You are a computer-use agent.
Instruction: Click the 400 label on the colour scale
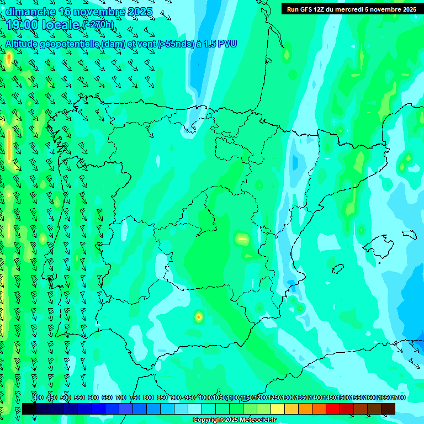pyautogui.click(x=38, y=397)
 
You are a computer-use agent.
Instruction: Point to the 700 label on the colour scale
pyautogui.click(x=121, y=397)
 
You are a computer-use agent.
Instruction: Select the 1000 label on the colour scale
pyautogui.click(x=205, y=397)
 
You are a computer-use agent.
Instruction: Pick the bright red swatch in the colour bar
pyautogui.click(x=332, y=409)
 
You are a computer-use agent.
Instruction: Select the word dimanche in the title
pyautogui.click(x=30, y=12)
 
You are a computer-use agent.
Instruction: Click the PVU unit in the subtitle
pyautogui.click(x=227, y=44)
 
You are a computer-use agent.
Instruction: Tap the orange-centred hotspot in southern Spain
pyautogui.click(x=199, y=317)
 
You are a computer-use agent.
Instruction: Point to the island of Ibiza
pyautogui.click(x=338, y=269)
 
